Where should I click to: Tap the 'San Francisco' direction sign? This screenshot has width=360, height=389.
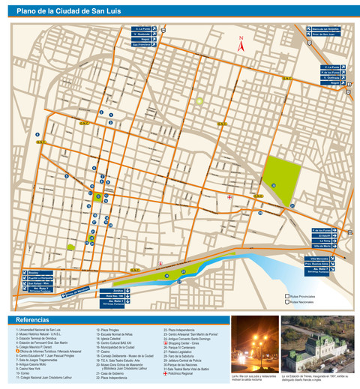142,45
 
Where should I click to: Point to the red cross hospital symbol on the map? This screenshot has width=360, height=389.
229,197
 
